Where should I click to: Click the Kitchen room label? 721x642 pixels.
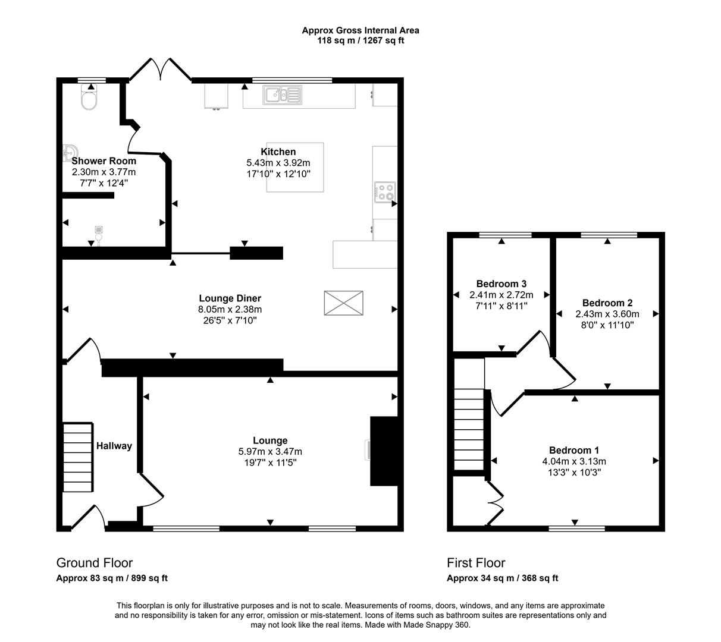click(x=278, y=152)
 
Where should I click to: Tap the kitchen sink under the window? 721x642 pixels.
click(x=283, y=95)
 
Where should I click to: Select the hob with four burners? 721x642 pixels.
click(x=384, y=191)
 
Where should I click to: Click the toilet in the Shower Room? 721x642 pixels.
click(x=89, y=100)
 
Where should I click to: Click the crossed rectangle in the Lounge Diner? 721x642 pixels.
click(x=343, y=303)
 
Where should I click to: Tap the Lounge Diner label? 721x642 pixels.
click(x=230, y=298)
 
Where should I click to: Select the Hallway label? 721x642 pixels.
click(x=114, y=446)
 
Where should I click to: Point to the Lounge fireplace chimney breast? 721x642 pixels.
click(x=384, y=451)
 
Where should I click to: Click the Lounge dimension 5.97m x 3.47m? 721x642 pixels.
click(x=270, y=452)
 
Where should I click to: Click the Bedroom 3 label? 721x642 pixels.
click(x=501, y=284)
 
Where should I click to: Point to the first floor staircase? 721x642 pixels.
click(x=470, y=428)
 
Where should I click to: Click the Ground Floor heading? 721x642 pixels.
click(x=94, y=563)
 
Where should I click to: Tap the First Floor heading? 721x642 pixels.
click(x=476, y=563)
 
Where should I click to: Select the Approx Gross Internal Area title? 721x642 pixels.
click(x=360, y=30)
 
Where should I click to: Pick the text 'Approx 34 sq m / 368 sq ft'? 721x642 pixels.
click(x=502, y=578)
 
